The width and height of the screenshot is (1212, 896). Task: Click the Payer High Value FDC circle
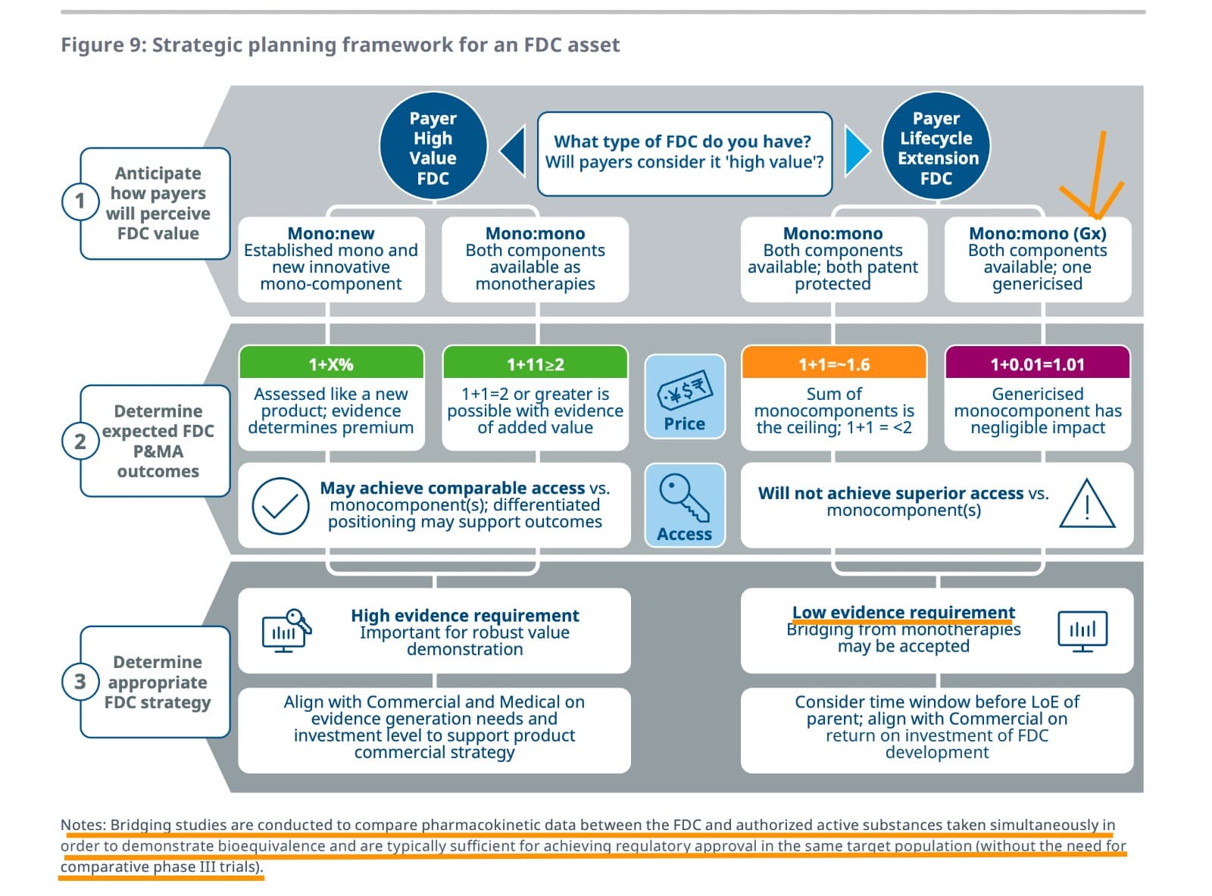(433, 148)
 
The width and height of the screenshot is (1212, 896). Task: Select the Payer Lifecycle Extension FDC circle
(936, 148)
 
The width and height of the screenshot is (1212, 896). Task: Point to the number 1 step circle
(80, 201)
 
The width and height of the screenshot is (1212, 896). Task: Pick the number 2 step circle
(80, 441)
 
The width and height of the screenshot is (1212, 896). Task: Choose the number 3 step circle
(80, 682)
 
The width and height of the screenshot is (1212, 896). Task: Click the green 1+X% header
(331, 364)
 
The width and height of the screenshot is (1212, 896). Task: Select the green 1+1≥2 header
(535, 364)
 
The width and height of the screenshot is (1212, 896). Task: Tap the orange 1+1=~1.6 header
(833, 364)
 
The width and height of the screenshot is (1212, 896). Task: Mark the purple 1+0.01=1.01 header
(1037, 364)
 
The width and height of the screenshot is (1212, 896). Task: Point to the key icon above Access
(683, 497)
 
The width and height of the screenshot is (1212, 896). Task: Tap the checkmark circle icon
(280, 506)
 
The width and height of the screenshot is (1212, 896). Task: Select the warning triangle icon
(1087, 504)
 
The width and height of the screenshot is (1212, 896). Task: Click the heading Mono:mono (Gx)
(1037, 233)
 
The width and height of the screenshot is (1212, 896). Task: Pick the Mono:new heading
(331, 233)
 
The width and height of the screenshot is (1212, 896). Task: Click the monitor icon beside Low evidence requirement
(1082, 631)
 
